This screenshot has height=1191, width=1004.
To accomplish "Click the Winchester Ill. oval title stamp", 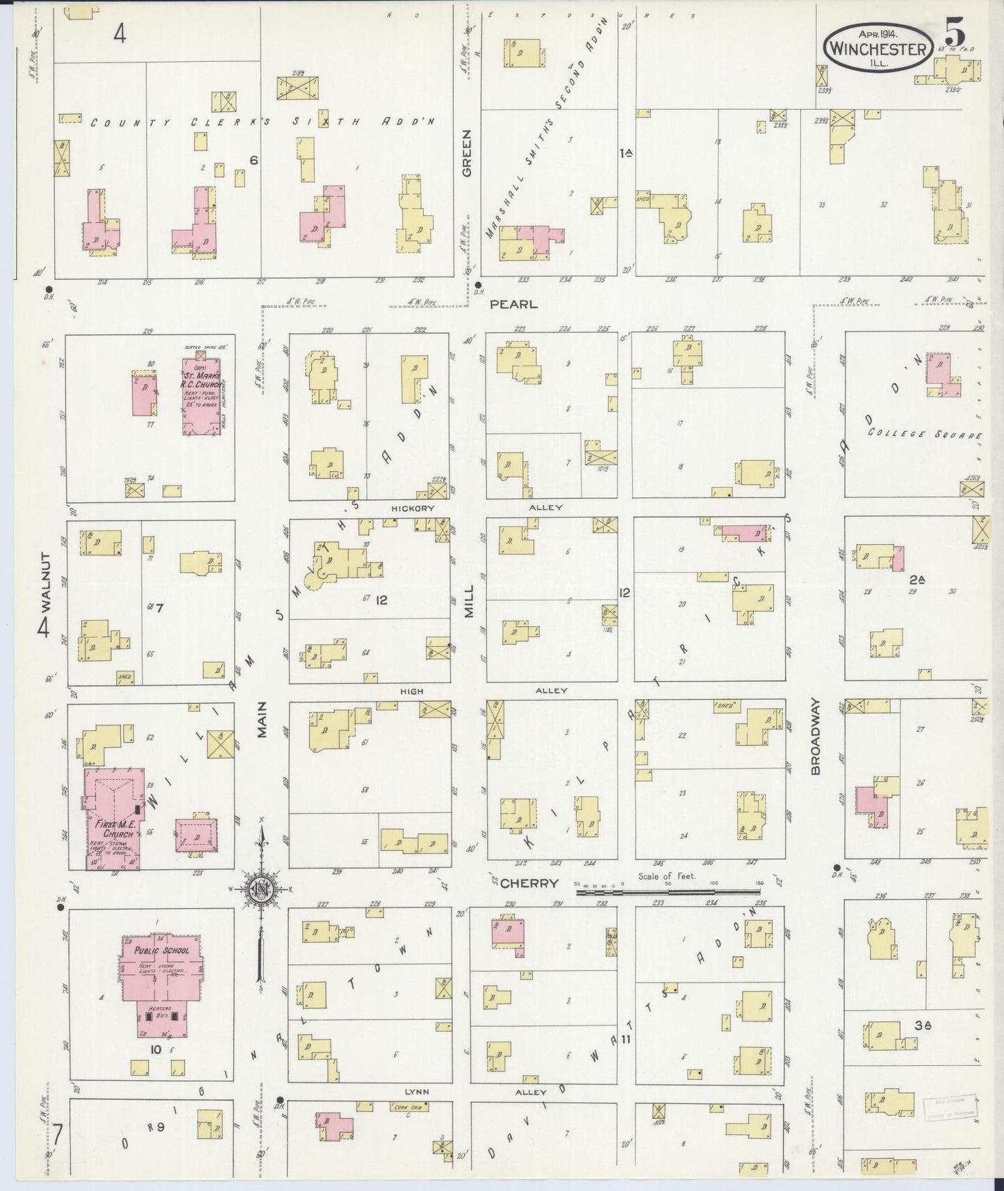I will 878,47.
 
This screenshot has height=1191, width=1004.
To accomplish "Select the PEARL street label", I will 513,304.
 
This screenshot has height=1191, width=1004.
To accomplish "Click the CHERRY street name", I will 529,883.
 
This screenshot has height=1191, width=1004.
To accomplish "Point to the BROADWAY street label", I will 816,737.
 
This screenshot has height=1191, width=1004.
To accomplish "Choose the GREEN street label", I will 466,153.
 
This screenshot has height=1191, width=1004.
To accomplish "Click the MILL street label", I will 469,601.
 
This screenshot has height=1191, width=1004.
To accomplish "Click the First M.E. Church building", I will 113,820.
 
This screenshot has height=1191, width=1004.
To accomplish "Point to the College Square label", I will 924,434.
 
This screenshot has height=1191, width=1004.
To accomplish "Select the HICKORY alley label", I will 412,508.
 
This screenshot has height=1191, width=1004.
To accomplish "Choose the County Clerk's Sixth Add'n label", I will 264,122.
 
